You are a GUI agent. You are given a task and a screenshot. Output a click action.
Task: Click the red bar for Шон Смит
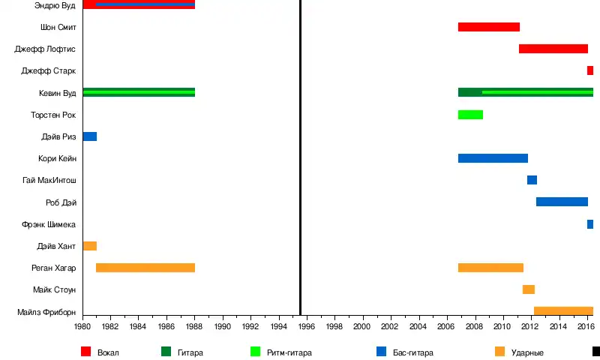click(488, 27)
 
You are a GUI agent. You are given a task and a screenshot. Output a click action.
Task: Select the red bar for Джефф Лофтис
click(553, 49)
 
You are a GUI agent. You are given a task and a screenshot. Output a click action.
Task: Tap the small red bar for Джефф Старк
click(590, 70)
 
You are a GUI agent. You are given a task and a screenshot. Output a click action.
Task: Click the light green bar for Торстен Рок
click(470, 115)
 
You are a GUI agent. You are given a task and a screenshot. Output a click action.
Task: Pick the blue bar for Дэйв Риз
click(89, 136)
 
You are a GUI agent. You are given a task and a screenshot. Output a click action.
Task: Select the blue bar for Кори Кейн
click(493, 158)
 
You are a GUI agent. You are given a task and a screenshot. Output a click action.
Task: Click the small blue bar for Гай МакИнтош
click(532, 180)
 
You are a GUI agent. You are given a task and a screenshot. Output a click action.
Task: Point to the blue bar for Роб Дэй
click(562, 202)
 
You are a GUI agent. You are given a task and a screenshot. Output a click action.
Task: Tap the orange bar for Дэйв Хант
click(89, 246)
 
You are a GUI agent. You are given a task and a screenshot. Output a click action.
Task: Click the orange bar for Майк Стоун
click(529, 289)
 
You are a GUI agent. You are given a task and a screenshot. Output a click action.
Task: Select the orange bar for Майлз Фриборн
click(563, 311)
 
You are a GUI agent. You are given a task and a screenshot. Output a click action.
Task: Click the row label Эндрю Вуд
click(55, 5)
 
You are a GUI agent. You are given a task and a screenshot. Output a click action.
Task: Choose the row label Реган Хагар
click(54, 268)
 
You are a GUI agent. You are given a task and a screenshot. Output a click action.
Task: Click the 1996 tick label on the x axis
click(306, 327)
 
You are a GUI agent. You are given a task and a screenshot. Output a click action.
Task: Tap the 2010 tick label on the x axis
click(501, 327)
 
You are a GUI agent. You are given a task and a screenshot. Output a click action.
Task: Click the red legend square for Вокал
click(85, 351)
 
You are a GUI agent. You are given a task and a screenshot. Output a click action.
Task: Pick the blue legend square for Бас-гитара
click(382, 351)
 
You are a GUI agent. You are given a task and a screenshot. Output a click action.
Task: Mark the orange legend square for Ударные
click(500, 351)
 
